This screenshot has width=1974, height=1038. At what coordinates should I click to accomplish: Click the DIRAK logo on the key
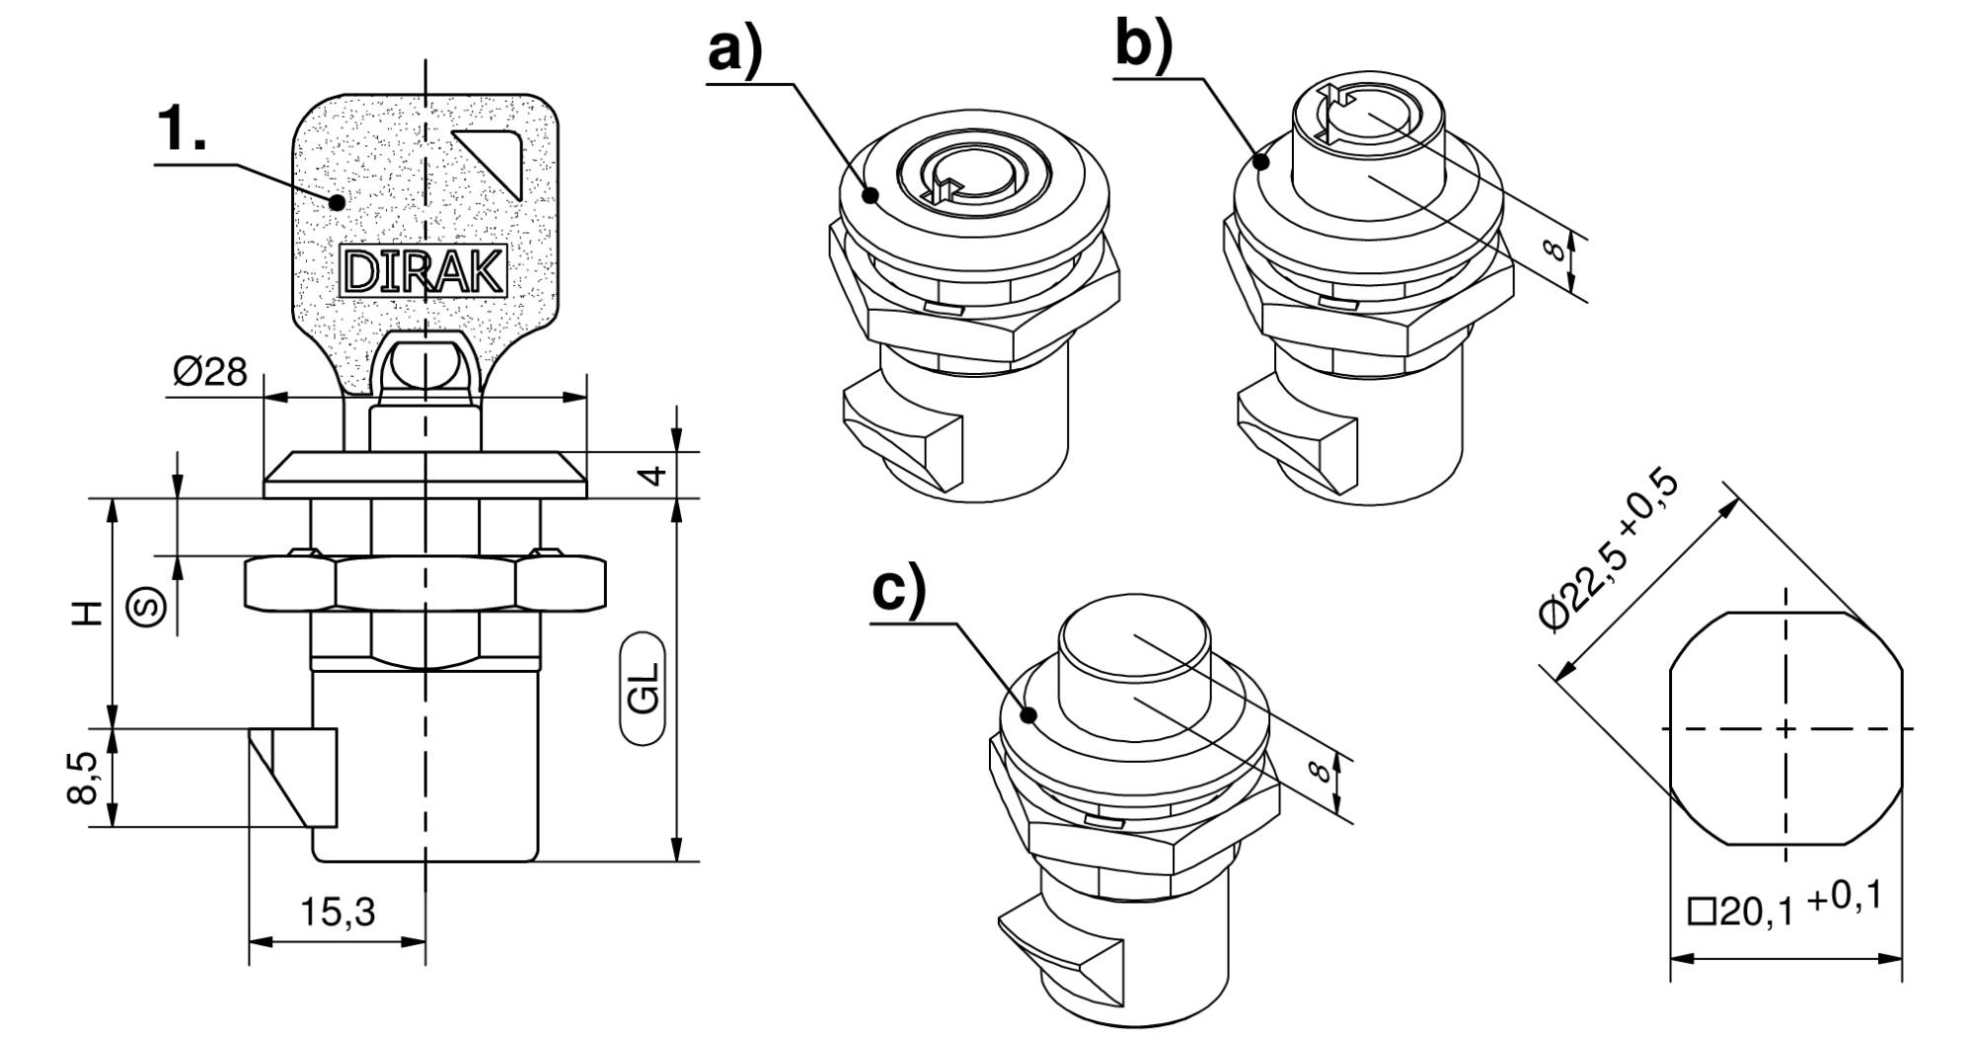click(422, 269)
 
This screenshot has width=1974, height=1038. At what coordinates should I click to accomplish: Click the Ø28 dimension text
click(209, 373)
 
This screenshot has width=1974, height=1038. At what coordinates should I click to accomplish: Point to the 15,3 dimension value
click(337, 912)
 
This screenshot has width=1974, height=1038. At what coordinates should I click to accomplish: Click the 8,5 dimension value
click(86, 778)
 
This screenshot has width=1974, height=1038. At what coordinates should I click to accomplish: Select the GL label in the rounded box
click(644, 688)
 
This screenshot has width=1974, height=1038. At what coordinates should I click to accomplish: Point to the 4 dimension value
click(652, 475)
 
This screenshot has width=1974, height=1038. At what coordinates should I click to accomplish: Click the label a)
click(736, 49)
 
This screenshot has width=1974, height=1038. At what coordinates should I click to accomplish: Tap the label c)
click(899, 589)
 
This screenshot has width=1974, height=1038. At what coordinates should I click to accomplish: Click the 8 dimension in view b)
click(1554, 249)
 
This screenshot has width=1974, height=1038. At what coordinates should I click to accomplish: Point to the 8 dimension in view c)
click(1320, 769)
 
